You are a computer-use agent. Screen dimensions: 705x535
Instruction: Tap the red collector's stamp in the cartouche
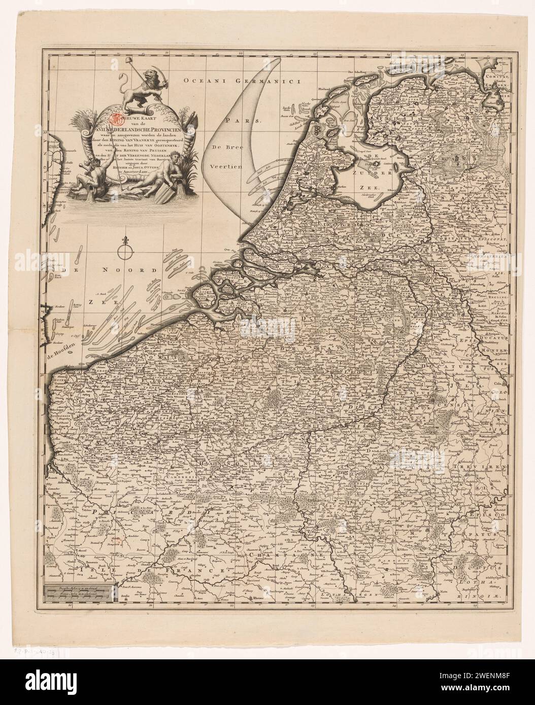pyautogui.click(x=115, y=119)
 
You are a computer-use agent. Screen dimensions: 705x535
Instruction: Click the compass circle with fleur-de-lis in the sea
pyautogui.click(x=123, y=250)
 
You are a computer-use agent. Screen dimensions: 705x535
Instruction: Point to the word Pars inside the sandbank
pyautogui.click(x=243, y=121)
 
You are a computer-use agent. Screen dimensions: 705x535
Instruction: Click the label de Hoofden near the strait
pyautogui.click(x=57, y=346)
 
